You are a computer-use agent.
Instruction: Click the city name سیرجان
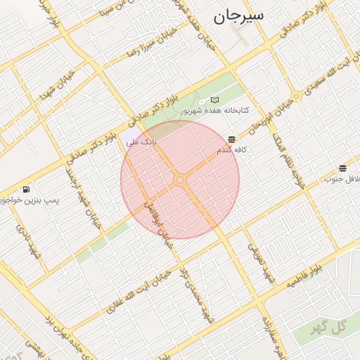point(239,16)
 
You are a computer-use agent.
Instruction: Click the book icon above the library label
point(214,100)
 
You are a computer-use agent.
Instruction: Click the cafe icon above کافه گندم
point(232,139)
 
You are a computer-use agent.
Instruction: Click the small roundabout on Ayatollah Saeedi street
point(297,96)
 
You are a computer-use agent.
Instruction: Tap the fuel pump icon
point(26,189)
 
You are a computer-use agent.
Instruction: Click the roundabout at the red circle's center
point(180,181)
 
